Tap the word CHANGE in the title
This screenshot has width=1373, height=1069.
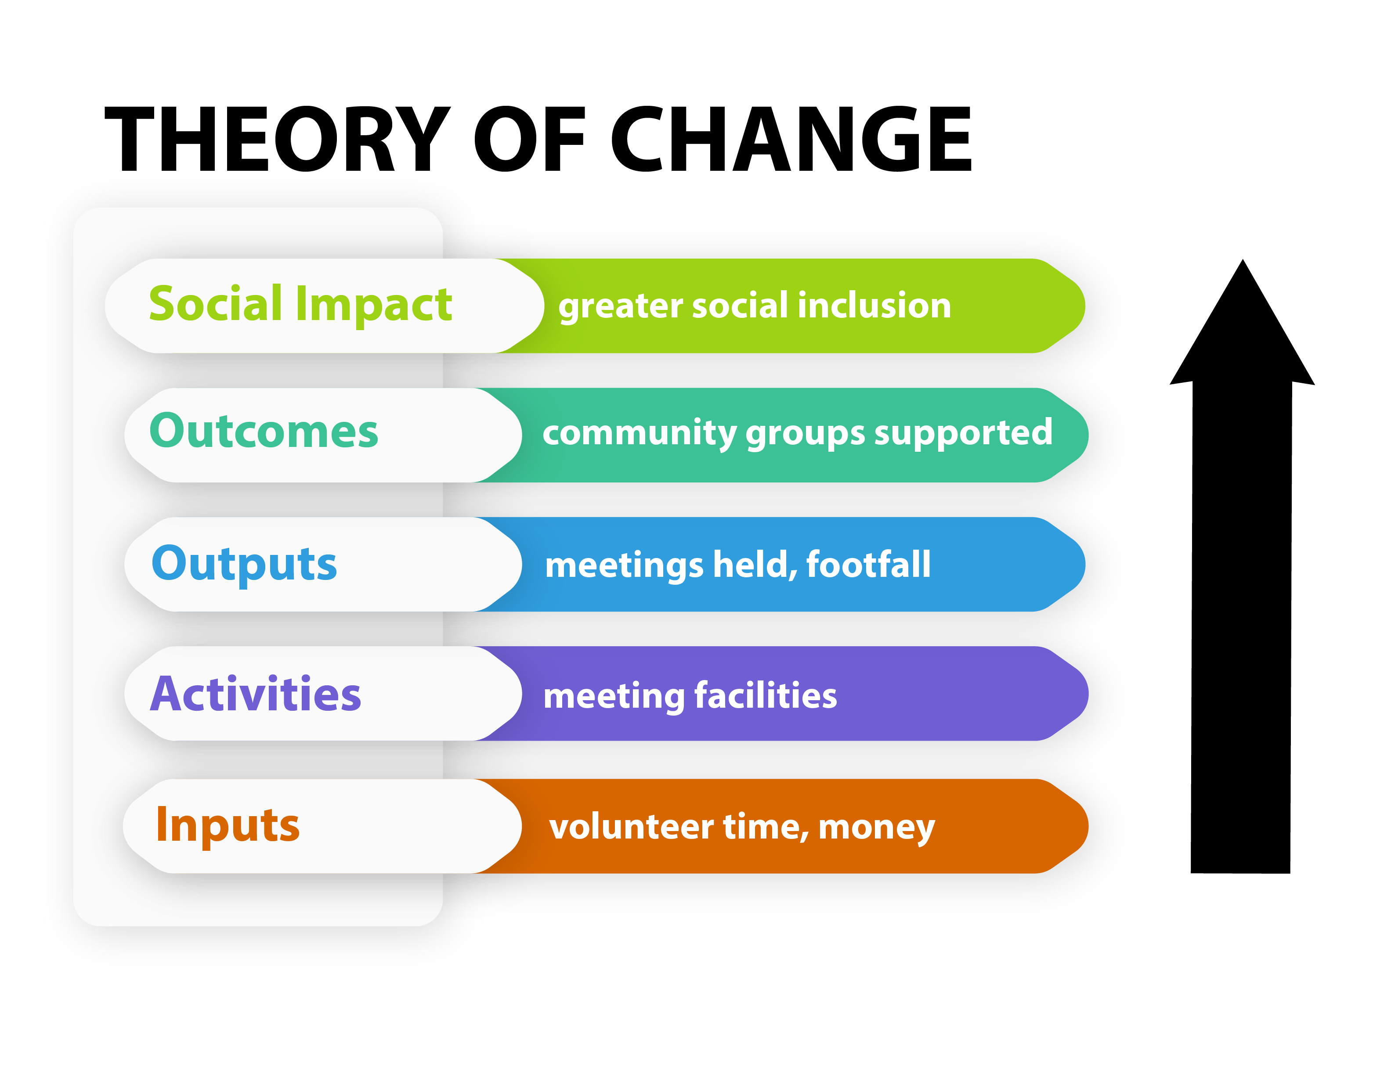tap(791, 140)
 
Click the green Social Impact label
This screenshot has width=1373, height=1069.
tap(300, 305)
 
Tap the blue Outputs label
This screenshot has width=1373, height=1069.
tap(244, 564)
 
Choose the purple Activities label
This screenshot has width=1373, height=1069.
tap(255, 695)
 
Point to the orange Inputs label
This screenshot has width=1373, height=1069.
tap(228, 825)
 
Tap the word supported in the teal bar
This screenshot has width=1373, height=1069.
tap(962, 433)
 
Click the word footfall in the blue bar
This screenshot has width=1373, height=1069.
tap(867, 564)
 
